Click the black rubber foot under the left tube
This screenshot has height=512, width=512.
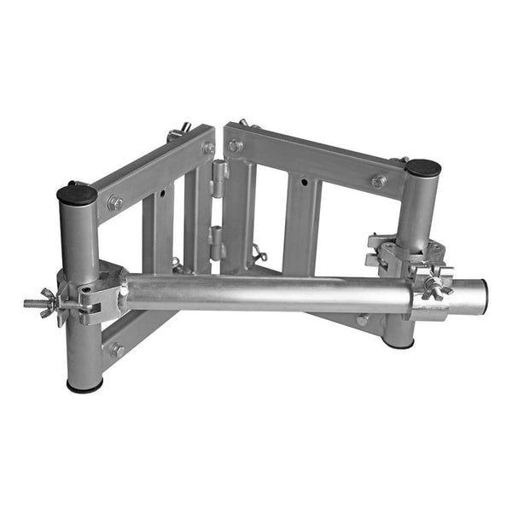tap(84, 385)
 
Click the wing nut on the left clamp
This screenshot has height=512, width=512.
tap(43, 302)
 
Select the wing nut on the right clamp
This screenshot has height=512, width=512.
tap(439, 288)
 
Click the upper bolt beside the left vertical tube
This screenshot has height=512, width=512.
tap(115, 203)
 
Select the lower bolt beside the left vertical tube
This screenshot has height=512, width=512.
tap(117, 349)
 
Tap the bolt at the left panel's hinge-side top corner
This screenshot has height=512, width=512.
tap(208, 148)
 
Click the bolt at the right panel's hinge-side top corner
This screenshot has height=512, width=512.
tap(236, 146)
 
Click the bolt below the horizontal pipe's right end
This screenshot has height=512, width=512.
tap(364, 320)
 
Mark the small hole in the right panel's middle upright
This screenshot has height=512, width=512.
tap(302, 182)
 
